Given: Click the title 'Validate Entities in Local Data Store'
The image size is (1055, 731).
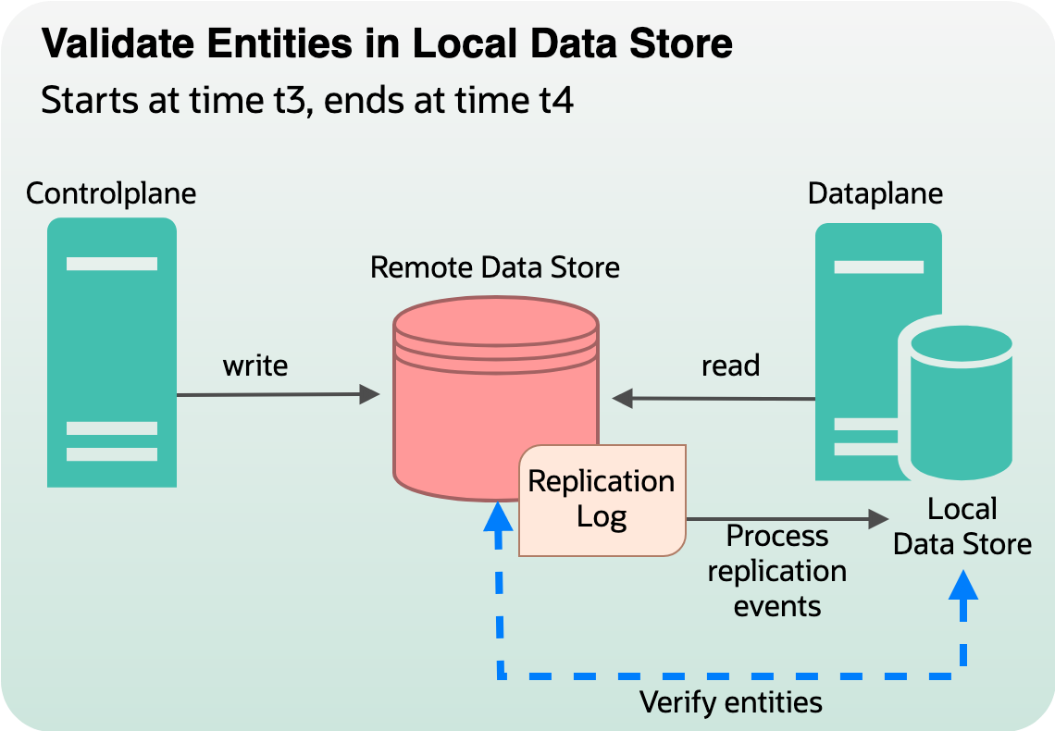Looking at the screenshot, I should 387,43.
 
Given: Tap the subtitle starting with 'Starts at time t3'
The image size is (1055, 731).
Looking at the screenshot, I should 307,100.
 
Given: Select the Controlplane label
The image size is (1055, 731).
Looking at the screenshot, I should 111,193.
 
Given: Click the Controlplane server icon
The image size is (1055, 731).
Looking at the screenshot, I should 112,352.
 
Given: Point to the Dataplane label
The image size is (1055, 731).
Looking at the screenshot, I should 875,193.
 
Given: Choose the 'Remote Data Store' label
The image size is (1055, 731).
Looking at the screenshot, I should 495,267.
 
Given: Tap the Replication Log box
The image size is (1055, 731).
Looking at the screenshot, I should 602,500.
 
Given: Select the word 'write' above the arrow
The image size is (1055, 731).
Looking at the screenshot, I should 255,365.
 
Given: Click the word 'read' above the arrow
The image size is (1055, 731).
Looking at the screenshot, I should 730,365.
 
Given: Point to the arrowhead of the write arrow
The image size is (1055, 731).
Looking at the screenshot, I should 370,395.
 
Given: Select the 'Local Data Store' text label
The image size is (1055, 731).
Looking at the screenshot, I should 962,527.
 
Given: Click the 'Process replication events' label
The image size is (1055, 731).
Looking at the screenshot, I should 776,571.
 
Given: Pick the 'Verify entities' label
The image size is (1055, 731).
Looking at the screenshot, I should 731,702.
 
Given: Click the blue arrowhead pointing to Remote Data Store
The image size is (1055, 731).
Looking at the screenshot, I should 498,516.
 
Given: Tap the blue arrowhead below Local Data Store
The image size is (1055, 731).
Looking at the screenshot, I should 965,585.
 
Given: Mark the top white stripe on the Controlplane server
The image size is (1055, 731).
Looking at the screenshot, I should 112,264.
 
